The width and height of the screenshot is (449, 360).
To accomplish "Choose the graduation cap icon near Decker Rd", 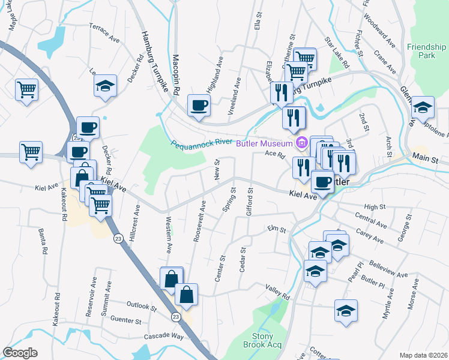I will tap(105, 86).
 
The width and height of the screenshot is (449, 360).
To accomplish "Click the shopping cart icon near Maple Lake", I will tap(27, 90).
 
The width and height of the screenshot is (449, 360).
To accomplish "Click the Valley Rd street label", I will tap(278, 292).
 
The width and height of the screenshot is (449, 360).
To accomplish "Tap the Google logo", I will tap(20, 353).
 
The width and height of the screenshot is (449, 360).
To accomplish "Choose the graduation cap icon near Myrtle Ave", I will tap(345, 311).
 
